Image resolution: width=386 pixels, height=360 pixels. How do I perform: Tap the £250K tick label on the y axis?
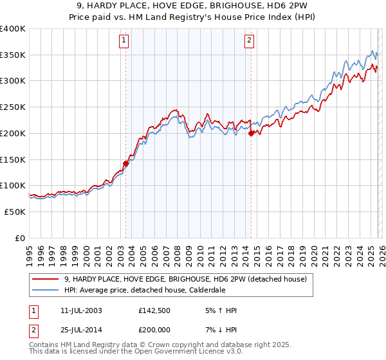pos(13,107)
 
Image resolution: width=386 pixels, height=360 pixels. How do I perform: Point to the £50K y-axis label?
pos(15,212)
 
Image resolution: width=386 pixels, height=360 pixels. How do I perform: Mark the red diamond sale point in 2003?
pos(125,163)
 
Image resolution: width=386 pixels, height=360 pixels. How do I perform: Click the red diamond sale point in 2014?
pos(251,133)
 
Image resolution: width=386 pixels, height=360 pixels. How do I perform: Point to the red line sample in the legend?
pos(45,278)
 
